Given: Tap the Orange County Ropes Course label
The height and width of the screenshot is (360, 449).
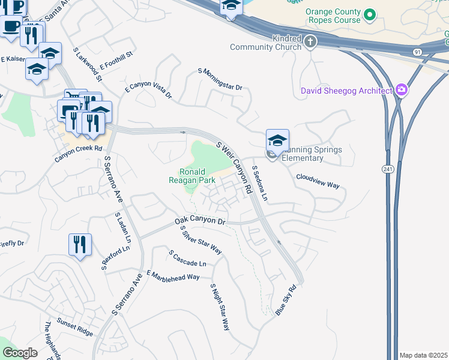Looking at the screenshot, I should pyautogui.click(x=334, y=16).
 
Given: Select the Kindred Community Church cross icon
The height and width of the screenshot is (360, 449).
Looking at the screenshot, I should pyautogui.click(x=310, y=41).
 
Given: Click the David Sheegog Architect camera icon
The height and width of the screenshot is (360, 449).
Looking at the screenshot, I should pyautogui.click(x=402, y=91).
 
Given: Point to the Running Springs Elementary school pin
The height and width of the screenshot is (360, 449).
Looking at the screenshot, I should pyautogui.click(x=277, y=141).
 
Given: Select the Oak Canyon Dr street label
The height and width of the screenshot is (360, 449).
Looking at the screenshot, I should pyautogui.click(x=200, y=222).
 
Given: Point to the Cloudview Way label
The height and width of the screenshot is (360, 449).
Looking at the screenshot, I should pyautogui.click(x=318, y=181).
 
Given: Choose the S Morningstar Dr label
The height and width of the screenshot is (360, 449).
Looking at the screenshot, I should pyautogui.click(x=220, y=79).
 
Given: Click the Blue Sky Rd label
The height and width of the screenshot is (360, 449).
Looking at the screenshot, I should pyautogui.click(x=286, y=300).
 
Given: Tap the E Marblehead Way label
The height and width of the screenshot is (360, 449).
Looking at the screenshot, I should pyautogui.click(x=173, y=275).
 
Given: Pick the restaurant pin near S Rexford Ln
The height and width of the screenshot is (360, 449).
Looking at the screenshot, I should pyautogui.click(x=80, y=245).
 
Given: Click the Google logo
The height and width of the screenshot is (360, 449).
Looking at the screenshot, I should pyautogui.click(x=20, y=353).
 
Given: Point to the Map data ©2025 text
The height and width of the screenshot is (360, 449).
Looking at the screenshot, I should pyautogui.click(x=423, y=355).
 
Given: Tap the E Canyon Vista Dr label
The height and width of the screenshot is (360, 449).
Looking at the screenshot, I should pyautogui.click(x=148, y=91).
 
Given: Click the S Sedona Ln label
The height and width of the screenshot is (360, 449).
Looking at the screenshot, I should pyautogui.click(x=259, y=183).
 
